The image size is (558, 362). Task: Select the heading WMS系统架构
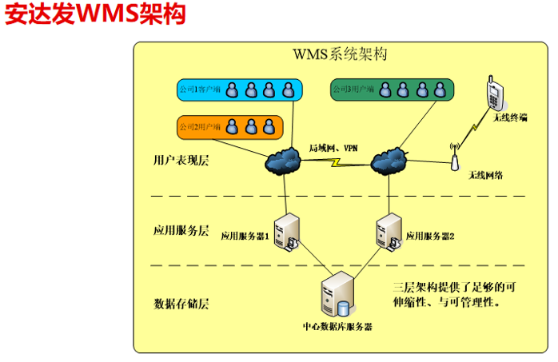(340, 55)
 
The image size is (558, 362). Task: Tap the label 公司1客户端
(200, 90)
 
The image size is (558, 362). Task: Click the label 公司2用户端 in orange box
(200, 126)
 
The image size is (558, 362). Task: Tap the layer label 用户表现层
(181, 160)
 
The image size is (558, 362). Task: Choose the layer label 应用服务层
(181, 231)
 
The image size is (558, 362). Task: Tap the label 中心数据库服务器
(337, 326)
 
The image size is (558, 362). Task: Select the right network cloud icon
(390, 161)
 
